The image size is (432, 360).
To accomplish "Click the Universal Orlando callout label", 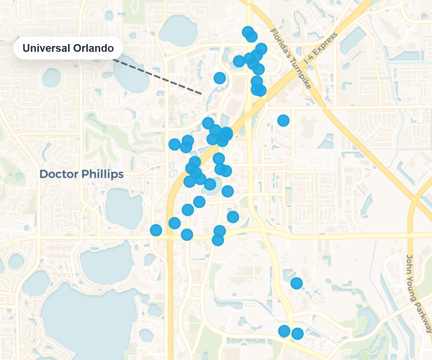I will [68, 48].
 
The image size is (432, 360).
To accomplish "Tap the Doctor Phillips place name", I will [81, 174].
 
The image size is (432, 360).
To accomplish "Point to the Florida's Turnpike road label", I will [290, 59].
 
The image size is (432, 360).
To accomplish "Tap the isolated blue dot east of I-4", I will [283, 120].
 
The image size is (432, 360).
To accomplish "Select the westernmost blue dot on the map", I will [156, 230].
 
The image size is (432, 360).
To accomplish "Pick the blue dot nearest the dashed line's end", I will [220, 78].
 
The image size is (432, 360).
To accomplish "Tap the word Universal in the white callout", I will [46, 48].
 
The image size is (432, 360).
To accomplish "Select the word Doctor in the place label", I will [59, 174].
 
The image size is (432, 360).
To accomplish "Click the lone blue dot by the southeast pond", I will [296, 283].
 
